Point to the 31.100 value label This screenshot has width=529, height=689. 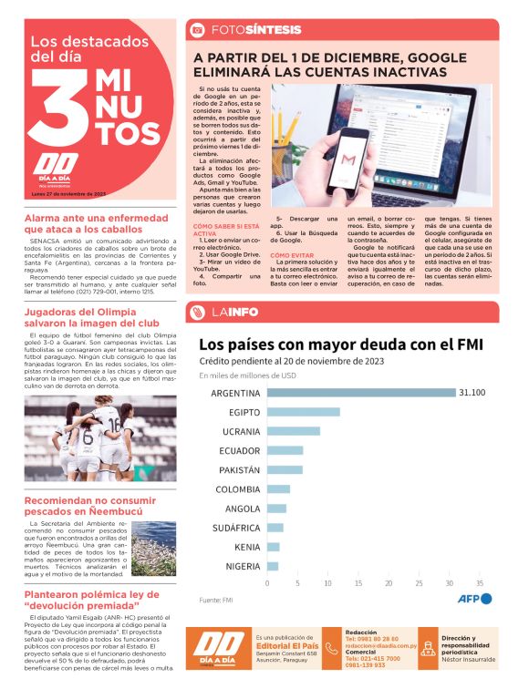tap(472, 393)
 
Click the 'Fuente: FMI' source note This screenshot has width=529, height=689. tap(216, 600)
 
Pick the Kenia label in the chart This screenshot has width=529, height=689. tap(247, 547)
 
